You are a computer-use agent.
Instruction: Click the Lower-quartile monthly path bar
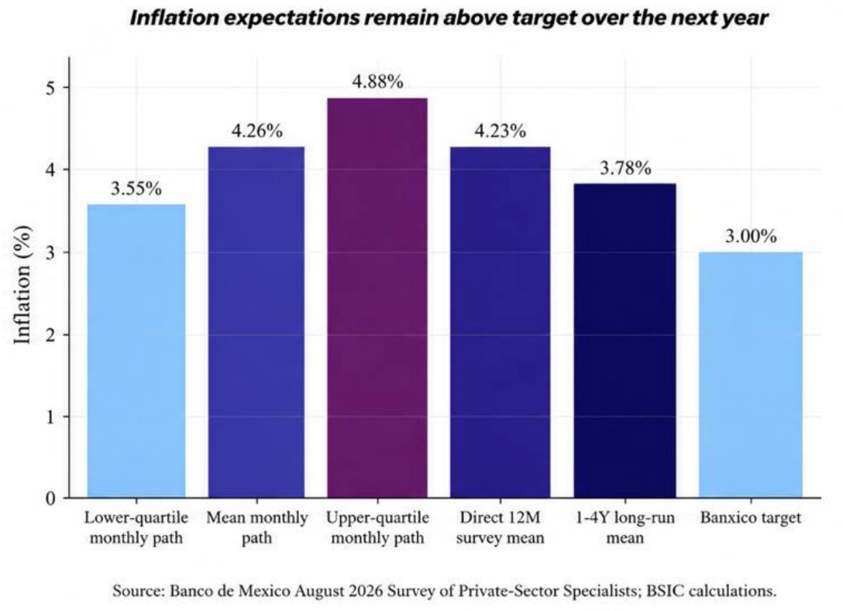pos(136,350)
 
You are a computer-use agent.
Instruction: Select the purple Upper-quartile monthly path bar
pos(377,298)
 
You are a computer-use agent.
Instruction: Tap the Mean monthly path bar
pos(256,323)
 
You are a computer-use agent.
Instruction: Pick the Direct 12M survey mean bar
pos(500,323)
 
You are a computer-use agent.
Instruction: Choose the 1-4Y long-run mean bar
pos(625,340)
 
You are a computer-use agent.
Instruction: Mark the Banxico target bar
pos(751,375)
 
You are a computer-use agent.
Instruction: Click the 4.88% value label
pos(377,81)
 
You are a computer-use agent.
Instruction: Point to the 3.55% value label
pos(136,188)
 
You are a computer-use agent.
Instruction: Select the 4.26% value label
pos(257,131)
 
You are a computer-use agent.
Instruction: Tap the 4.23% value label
pos(500,131)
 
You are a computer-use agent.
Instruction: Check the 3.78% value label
pos(625,168)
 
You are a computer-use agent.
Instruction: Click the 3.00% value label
pos(751,236)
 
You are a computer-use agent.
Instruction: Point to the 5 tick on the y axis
pos(50,88)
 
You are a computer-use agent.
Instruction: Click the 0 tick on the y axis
pos(50,499)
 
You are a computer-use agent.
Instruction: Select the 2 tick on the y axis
pos(50,334)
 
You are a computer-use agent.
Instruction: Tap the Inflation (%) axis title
pos(22,285)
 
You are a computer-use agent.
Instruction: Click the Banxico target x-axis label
pos(751,518)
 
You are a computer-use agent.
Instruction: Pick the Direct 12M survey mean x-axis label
pos(500,527)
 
